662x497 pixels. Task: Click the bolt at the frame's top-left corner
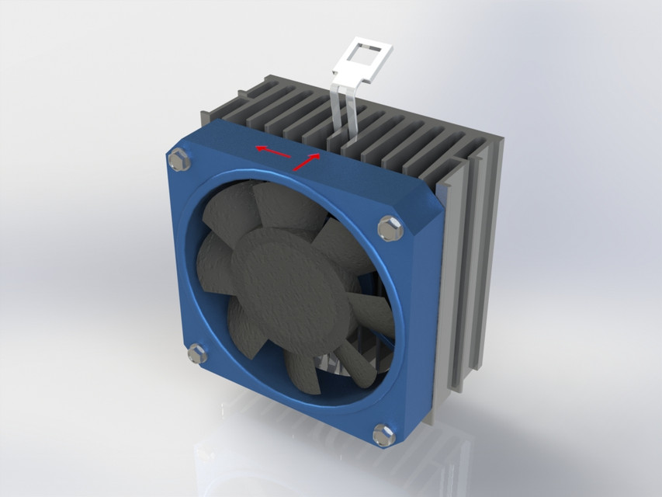(178, 161)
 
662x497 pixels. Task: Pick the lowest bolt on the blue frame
(383, 433)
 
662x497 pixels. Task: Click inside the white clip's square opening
(365, 55)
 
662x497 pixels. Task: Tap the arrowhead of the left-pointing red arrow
(261, 148)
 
